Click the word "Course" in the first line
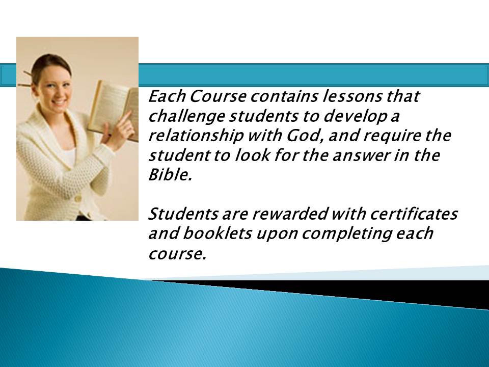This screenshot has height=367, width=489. [218, 96]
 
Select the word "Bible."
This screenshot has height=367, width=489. [170, 175]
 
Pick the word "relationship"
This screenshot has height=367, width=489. [196, 136]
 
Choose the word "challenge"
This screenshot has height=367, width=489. [186, 117]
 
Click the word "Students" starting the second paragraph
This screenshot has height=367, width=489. [183, 214]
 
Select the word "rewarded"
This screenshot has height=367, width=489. [290, 214]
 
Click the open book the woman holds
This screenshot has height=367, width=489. [114, 111]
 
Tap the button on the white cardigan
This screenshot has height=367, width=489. [78, 198]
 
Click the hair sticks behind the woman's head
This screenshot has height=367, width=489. [25, 80]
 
